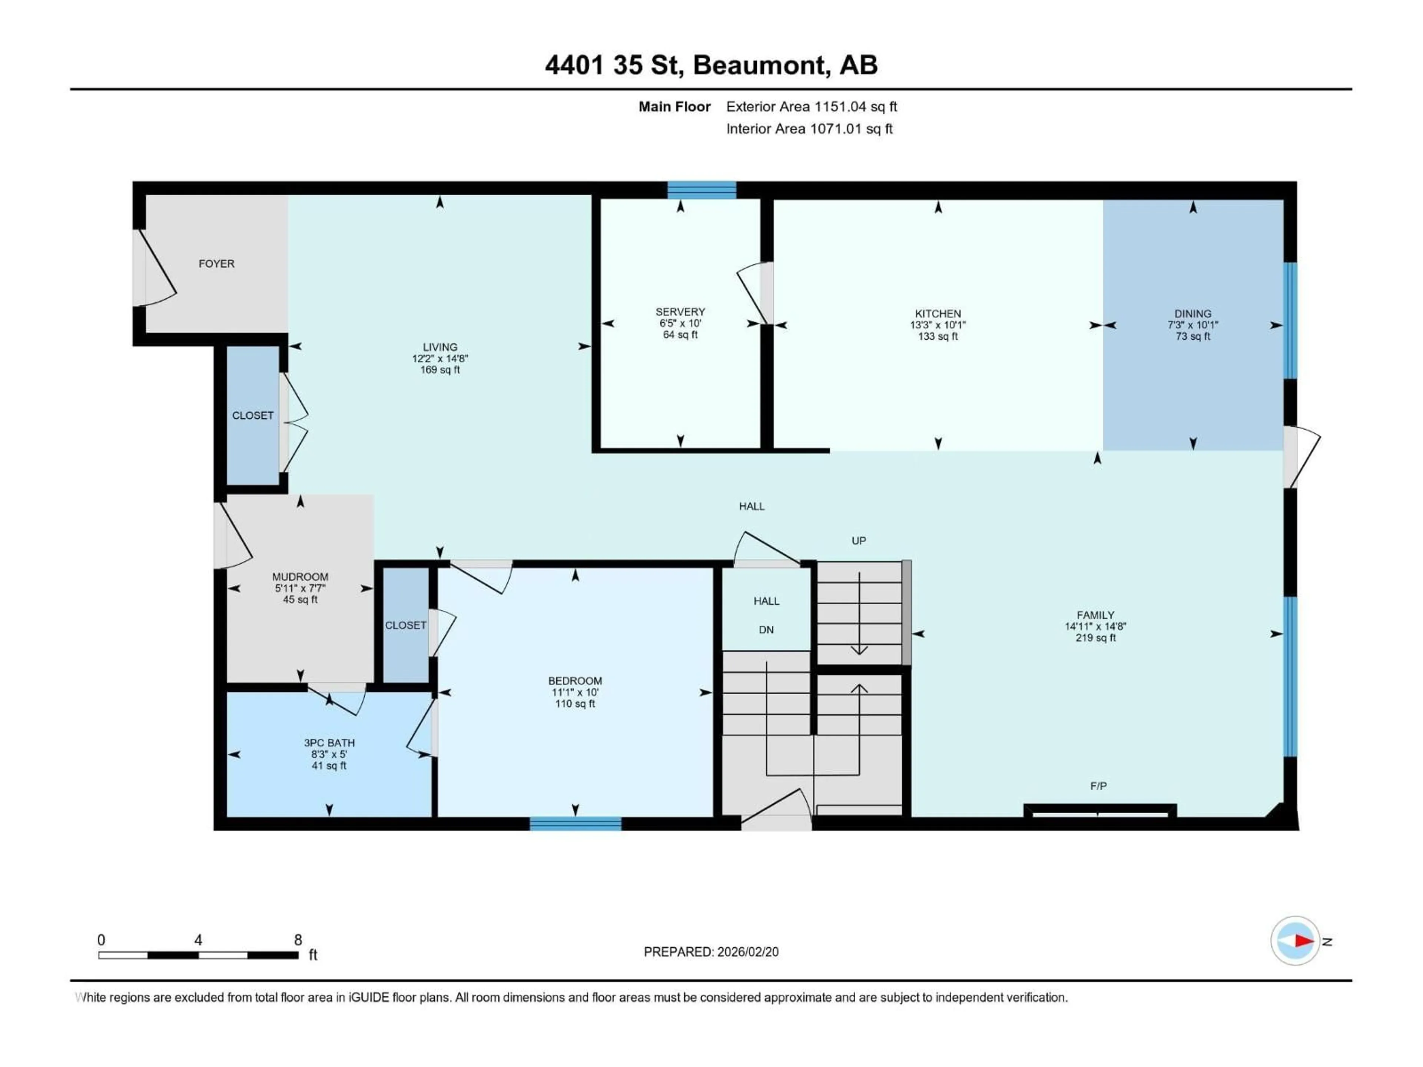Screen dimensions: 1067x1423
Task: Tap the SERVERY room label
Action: (x=680, y=312)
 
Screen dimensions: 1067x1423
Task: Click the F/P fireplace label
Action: (x=1098, y=786)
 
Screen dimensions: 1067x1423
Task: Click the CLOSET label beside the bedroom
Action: (x=405, y=625)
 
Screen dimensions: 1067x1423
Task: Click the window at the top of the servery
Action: (x=701, y=190)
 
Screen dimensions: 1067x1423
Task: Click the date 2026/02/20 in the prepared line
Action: (x=747, y=952)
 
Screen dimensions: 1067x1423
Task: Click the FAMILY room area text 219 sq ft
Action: (x=1095, y=638)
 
